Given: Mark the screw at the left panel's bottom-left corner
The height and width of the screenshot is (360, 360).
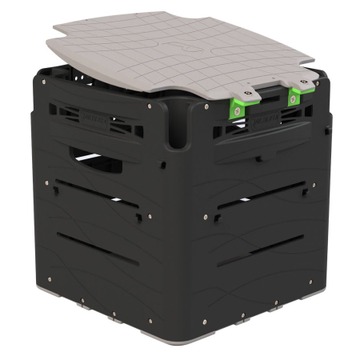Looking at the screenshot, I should tap(50, 278).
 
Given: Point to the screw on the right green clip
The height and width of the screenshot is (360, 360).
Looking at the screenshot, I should tap(294, 99).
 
